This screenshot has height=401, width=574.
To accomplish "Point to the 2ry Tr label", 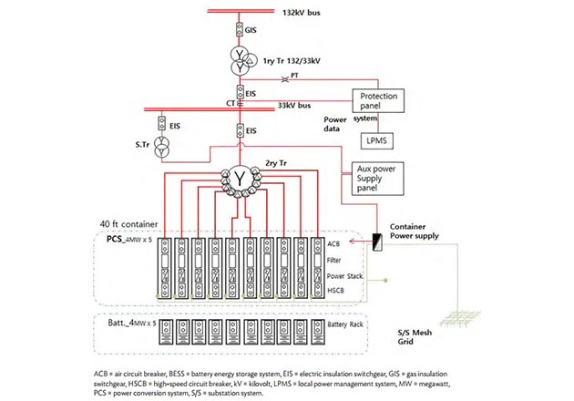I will [x=275, y=161].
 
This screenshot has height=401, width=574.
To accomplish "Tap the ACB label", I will [x=332, y=244].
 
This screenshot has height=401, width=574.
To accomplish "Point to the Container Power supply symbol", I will [x=376, y=242].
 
